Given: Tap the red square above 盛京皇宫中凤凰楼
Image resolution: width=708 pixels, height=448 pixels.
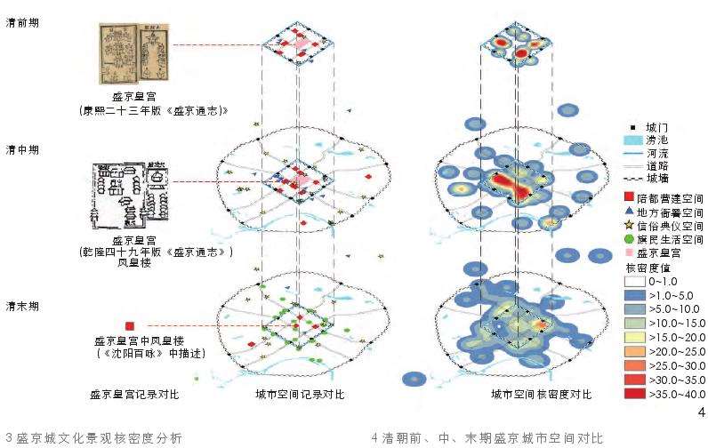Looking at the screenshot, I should pyautogui.click(x=131, y=326).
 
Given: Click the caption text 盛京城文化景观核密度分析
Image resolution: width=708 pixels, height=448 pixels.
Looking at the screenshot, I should pyautogui.click(x=99, y=438).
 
